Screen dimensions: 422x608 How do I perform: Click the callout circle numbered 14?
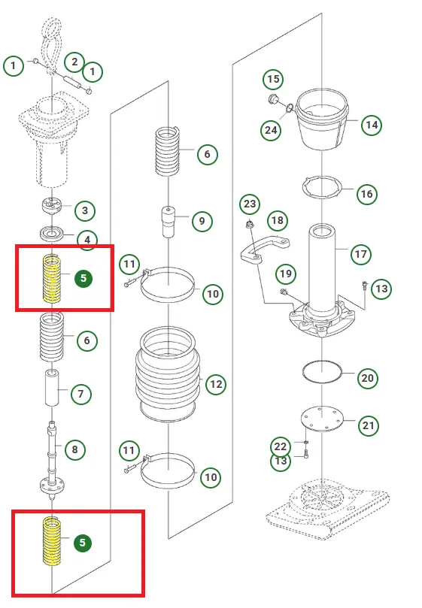[x=372, y=125]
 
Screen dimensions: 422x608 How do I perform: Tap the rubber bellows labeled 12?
[x=168, y=374]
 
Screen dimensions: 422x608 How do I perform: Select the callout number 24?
[x=271, y=130]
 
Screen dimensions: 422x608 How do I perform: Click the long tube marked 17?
[x=322, y=270]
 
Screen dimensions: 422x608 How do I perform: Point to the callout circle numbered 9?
[x=202, y=221]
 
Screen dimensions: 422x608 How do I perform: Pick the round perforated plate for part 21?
[x=322, y=419]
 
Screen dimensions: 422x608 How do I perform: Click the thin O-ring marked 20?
[x=322, y=371]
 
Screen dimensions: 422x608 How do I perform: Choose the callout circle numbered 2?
[x=74, y=62]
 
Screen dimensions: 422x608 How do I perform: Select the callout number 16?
[x=367, y=194]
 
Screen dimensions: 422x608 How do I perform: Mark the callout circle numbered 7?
[x=80, y=394]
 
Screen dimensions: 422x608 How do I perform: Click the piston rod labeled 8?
[x=52, y=458]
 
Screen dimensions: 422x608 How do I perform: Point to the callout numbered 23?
[x=250, y=204]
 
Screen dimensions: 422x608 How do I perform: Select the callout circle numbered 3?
[x=85, y=210]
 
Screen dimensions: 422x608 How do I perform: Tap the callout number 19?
[x=286, y=274]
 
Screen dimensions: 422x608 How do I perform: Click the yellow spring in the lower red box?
[x=52, y=540]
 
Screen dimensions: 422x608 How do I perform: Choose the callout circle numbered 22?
[x=281, y=446]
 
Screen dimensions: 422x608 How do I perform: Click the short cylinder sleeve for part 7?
[x=52, y=388]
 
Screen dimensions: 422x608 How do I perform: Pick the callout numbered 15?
[x=273, y=79]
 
